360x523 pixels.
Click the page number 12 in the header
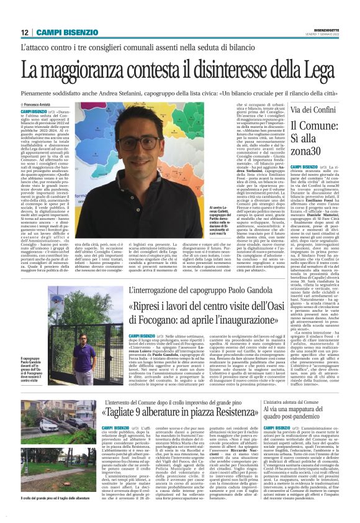(x=25, y=32)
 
